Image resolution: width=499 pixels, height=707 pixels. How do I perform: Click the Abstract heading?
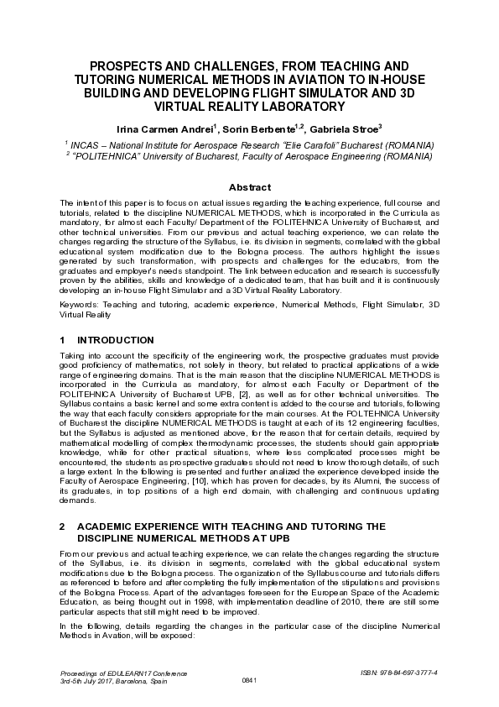tap(250, 187)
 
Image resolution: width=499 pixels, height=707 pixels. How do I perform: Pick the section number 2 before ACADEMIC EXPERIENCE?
tap(62, 526)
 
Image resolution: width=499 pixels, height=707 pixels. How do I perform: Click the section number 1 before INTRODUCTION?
tap(62, 340)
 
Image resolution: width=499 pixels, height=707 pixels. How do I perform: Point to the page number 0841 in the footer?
tap(249, 679)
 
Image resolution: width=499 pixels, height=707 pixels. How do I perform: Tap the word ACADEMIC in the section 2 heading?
tap(112, 526)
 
